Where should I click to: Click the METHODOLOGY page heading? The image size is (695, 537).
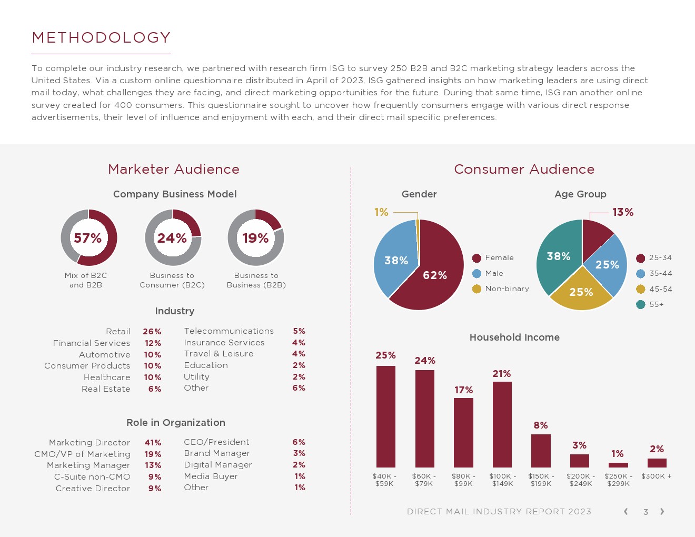coord(101,38)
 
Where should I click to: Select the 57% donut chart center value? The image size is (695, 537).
coord(88,238)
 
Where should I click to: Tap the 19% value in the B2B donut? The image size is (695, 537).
coord(255,238)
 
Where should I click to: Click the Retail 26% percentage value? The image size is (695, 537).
coord(152,332)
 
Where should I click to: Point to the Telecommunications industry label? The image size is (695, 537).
coord(229,331)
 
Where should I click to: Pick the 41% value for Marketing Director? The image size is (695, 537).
coord(153,443)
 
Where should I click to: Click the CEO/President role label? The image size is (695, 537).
coord(216,442)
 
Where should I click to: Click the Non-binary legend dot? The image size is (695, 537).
coord(476,289)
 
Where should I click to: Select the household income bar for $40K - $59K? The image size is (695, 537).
coord(386,416)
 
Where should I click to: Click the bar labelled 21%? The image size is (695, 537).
coord(502,424)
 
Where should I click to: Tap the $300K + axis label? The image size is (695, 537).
coord(657,476)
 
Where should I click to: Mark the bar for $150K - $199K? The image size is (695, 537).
coord(541,451)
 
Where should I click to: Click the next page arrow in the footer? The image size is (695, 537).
coord(662,512)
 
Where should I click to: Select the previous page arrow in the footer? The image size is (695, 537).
coord(625,512)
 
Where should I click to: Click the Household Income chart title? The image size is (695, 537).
coord(514,337)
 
